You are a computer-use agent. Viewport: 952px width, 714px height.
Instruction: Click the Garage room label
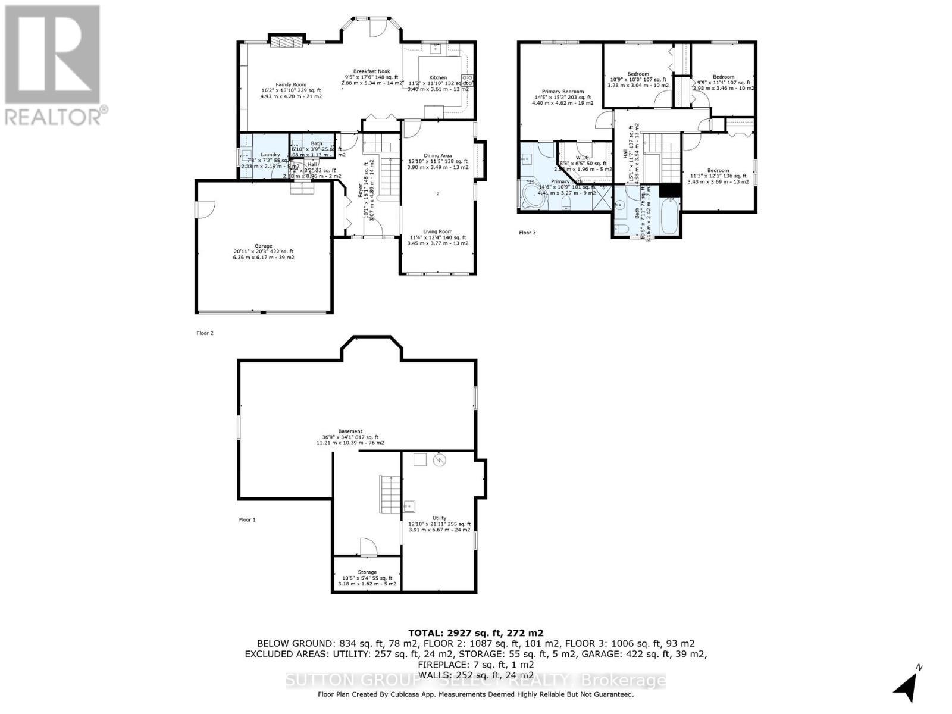point(264,246)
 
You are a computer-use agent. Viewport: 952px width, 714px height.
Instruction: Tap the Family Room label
point(291,84)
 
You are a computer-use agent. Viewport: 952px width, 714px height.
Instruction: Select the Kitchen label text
point(438,78)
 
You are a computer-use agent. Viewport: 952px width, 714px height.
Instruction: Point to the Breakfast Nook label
point(371,71)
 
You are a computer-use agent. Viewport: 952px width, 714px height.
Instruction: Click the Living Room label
point(438,231)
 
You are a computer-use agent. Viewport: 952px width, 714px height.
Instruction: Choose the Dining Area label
point(438,156)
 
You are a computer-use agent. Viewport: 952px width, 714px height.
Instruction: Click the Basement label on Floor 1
point(350,431)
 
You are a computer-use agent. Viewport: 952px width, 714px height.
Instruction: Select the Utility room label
point(439,518)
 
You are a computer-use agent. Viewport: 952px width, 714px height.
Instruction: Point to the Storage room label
point(367,572)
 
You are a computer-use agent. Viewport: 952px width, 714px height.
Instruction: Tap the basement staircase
point(388,493)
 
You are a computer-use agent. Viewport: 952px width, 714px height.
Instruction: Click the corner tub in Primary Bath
point(531,196)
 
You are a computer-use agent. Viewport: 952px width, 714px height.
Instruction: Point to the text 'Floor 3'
point(527,233)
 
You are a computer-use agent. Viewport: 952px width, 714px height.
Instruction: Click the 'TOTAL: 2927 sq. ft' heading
point(475,633)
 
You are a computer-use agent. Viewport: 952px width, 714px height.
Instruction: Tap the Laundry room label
point(270,155)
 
